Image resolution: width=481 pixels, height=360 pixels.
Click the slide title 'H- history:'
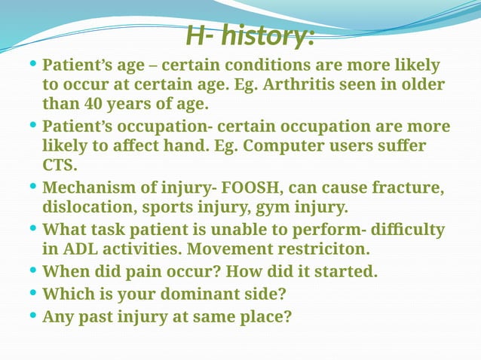point(249,35)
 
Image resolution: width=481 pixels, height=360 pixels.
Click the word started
point(348,271)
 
